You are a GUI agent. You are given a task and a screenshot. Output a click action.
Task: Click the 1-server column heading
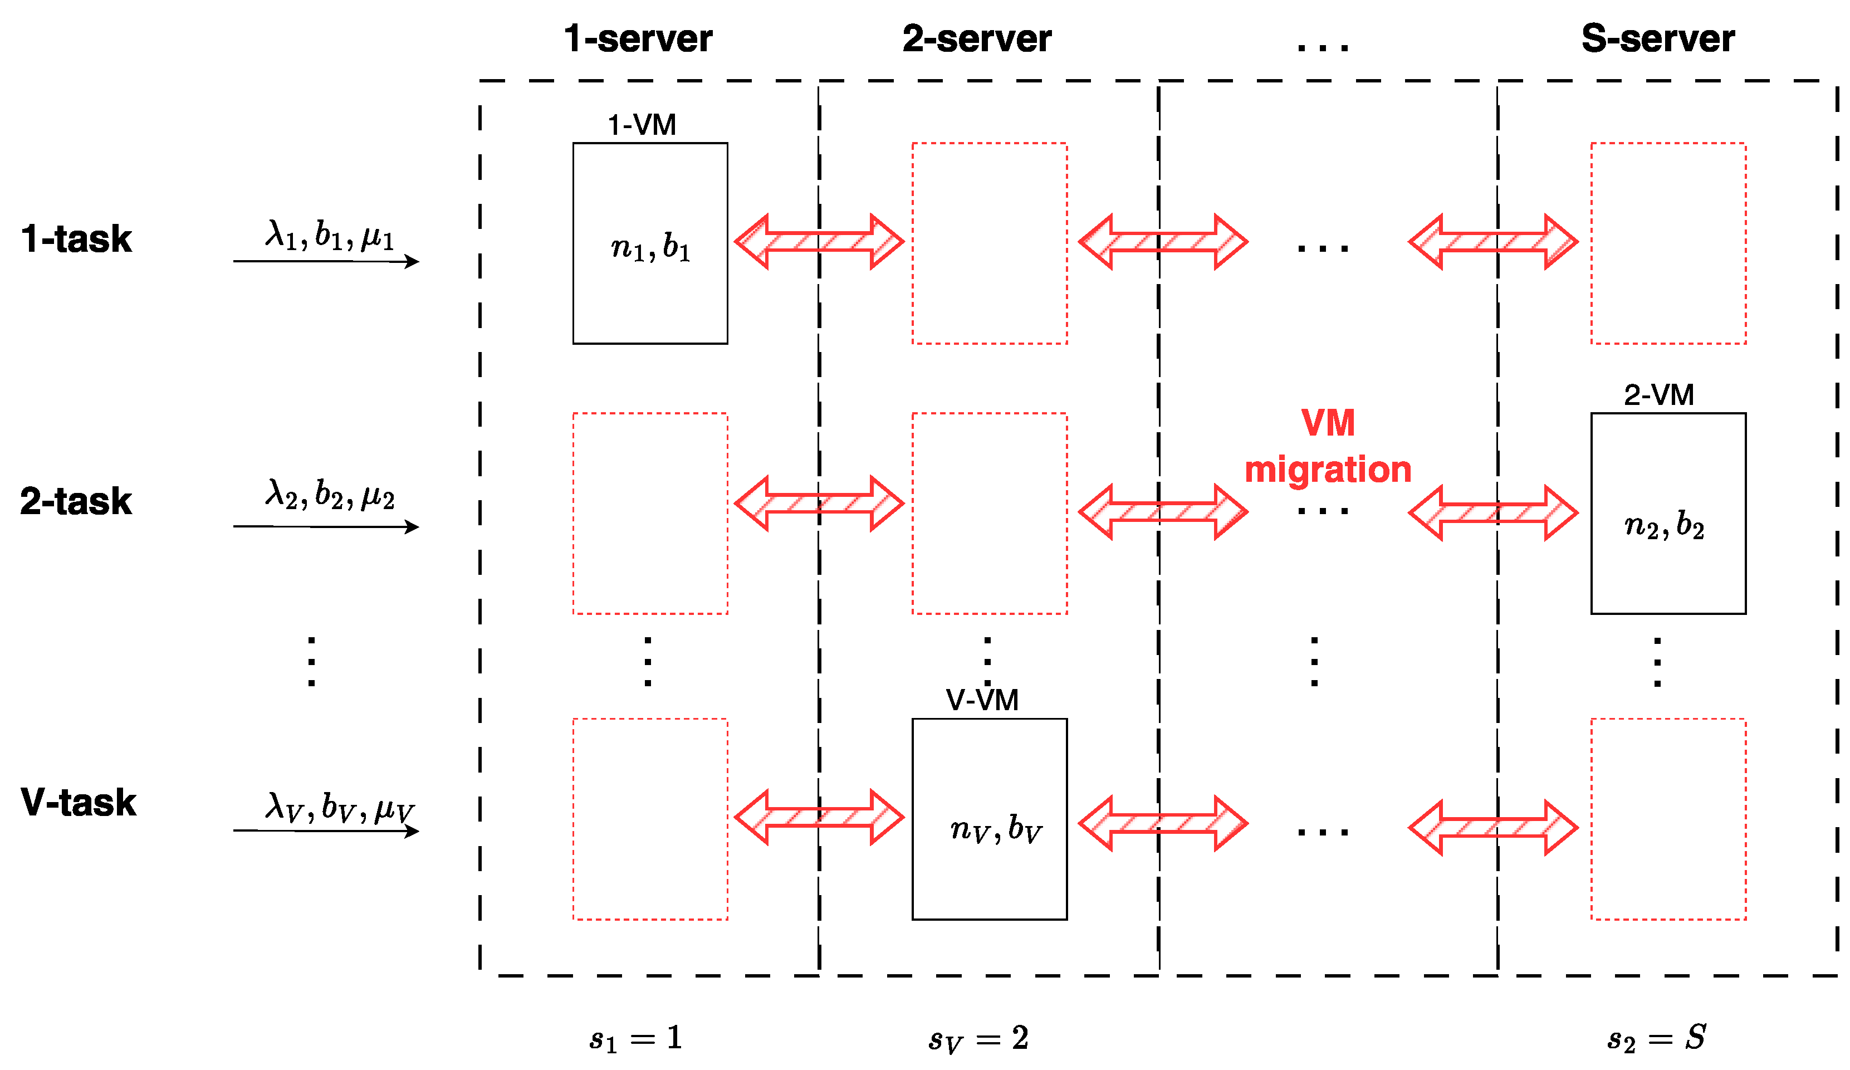coord(637,38)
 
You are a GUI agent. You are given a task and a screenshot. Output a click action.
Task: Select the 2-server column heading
coord(976,38)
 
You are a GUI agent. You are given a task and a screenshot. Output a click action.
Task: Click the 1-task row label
coord(76,239)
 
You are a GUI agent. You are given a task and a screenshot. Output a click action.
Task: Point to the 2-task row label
coord(76,502)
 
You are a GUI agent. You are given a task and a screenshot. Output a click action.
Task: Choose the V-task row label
coord(78,802)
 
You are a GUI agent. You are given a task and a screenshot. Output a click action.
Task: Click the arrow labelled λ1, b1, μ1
coord(326,261)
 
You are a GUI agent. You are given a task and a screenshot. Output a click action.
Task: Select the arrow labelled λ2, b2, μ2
coord(326,526)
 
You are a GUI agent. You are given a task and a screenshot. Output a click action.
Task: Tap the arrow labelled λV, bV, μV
coord(326,830)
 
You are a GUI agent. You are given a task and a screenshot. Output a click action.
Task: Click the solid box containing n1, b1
coord(650,243)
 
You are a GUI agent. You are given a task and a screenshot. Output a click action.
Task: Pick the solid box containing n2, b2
coord(1667,514)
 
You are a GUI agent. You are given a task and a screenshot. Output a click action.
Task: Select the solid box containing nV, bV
coord(989,819)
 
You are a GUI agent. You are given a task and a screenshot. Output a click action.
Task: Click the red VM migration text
coord(1327,447)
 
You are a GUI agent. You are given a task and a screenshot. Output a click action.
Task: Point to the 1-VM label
coord(641,125)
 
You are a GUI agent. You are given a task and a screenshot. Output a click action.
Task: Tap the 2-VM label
coord(1658,395)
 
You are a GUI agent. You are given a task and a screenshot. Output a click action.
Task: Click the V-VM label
coord(982,700)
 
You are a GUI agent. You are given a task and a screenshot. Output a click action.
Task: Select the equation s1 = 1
coord(636,1038)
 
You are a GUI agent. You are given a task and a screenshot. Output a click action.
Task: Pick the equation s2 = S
coord(1656,1038)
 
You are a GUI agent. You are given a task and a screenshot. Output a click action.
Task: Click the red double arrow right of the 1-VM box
coord(819,242)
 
